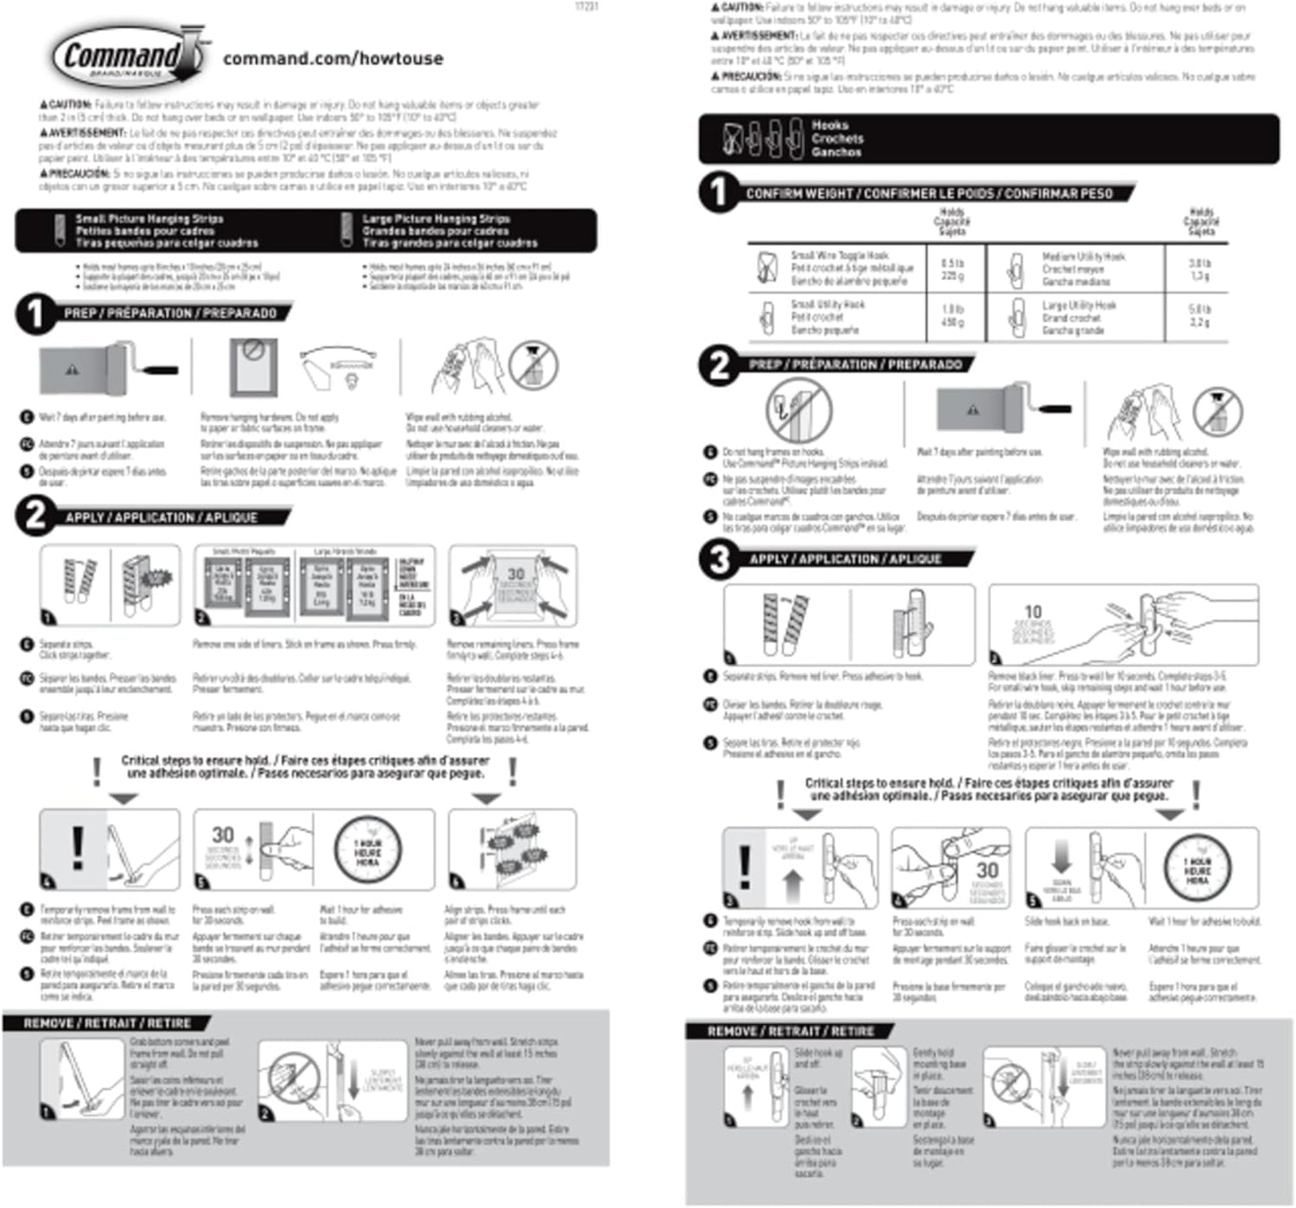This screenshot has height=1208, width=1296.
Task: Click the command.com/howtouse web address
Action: pos(333,58)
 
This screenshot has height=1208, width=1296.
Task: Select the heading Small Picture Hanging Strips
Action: pos(149,218)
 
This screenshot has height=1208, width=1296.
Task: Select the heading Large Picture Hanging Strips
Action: pos(436,218)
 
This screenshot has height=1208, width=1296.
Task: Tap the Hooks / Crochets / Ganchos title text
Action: pos(837,138)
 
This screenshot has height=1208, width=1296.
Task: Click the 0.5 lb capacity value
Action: pos(952,263)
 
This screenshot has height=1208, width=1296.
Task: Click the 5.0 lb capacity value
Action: pos(1198,309)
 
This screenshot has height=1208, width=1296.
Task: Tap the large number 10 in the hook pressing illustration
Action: pos(1033,611)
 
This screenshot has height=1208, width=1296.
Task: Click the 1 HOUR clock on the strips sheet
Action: pos(368,849)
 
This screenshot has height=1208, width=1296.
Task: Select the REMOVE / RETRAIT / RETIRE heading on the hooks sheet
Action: pos(790,1031)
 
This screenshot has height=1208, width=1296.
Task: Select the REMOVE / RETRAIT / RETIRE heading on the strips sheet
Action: pos(107,1023)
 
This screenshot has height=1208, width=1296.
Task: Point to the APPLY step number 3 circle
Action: pos(719,559)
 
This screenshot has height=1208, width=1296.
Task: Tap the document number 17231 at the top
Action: pos(586,6)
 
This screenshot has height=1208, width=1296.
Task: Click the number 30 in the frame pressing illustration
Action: pos(516,574)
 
